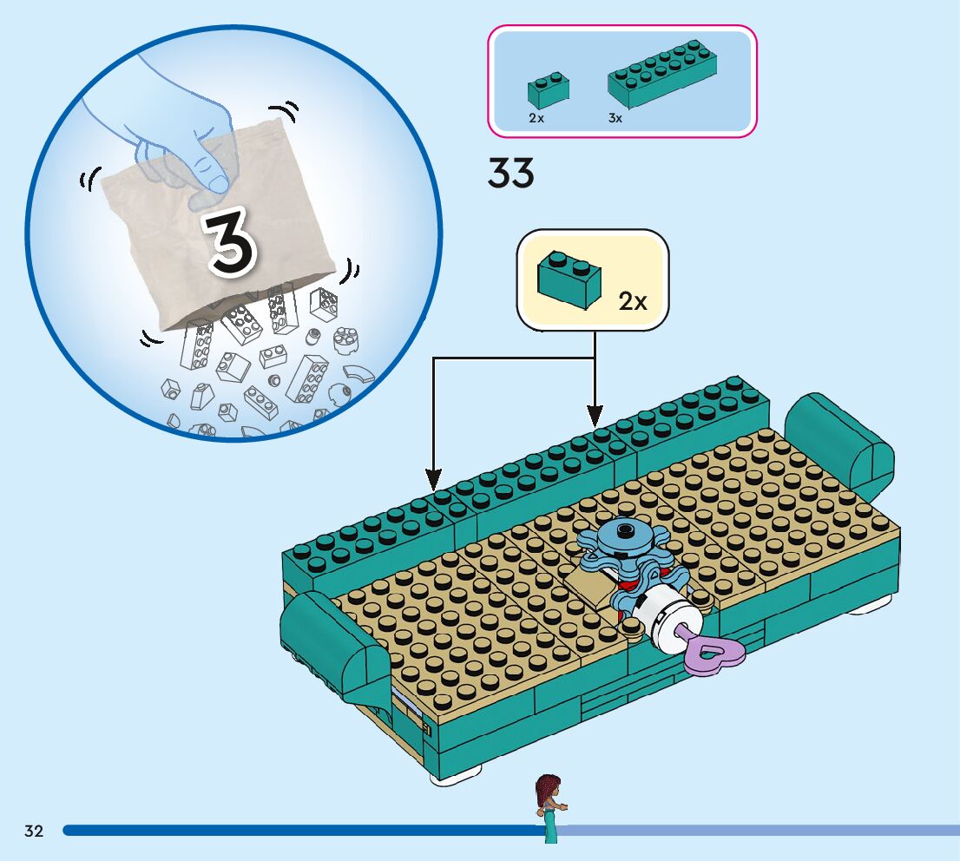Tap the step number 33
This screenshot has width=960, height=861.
click(511, 174)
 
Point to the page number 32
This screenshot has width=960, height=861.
click(34, 831)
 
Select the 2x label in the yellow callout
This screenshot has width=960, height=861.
click(633, 301)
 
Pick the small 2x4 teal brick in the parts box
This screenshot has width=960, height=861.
click(549, 90)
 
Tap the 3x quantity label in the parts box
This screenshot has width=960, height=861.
click(615, 118)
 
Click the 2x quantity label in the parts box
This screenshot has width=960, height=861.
click(536, 118)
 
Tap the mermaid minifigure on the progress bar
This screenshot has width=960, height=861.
click(549, 806)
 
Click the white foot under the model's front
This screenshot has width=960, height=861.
click(456, 774)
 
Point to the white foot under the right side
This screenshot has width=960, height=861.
click(868, 608)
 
